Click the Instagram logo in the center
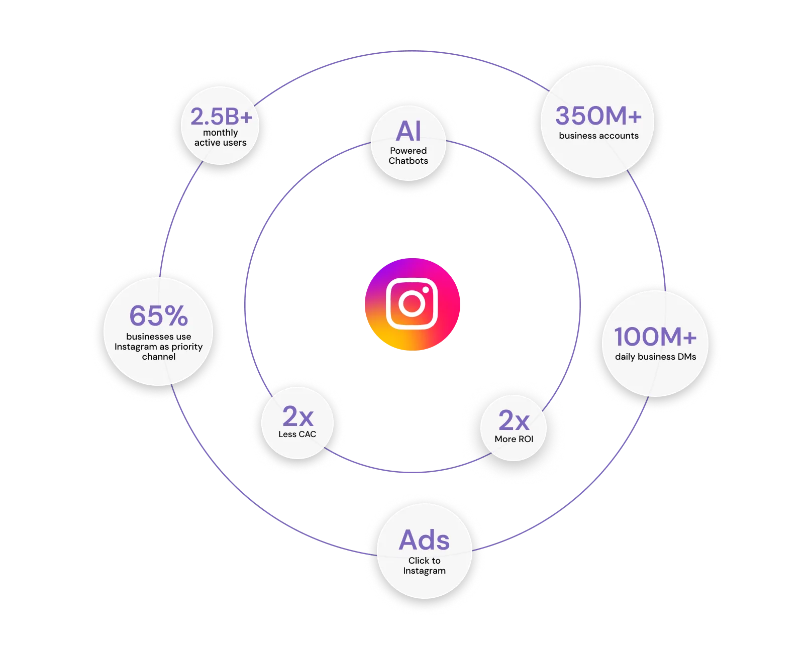click(x=412, y=304)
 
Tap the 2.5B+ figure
click(x=221, y=117)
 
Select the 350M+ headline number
click(x=598, y=116)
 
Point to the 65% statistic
click(x=159, y=316)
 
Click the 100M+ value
click(x=655, y=337)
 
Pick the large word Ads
click(x=424, y=541)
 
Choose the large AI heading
click(x=408, y=132)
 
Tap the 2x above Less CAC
click(x=297, y=416)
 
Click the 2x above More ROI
click(x=514, y=420)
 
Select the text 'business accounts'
click(x=598, y=136)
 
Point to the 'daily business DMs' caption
click(x=655, y=357)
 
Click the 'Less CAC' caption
click(x=297, y=434)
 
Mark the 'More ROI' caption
click(x=514, y=439)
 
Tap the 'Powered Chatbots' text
click(x=408, y=156)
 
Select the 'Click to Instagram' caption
click(x=424, y=566)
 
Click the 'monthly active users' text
click(x=221, y=138)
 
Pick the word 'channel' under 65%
click(x=159, y=357)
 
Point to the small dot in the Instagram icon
click(x=426, y=290)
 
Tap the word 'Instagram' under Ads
click(x=424, y=571)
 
